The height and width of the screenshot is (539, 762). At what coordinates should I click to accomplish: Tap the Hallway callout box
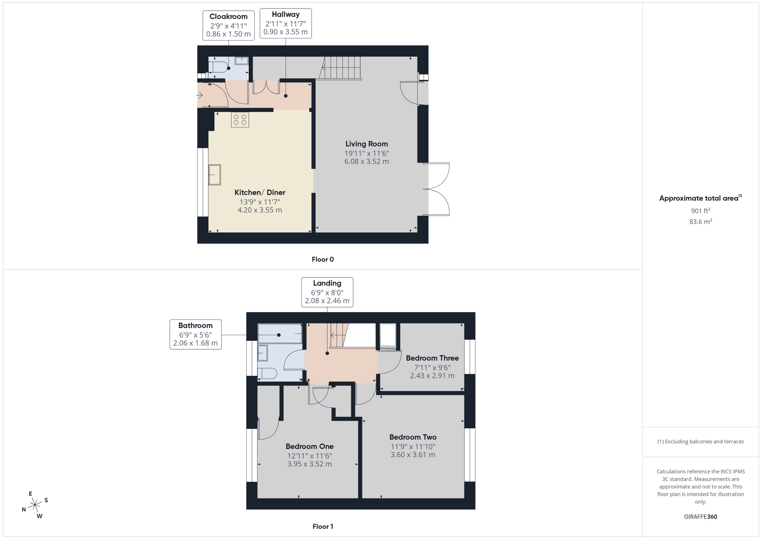tap(286, 24)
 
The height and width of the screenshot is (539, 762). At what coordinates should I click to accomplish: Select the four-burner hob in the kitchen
tap(240, 120)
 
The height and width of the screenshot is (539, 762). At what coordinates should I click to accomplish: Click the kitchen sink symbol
tap(214, 175)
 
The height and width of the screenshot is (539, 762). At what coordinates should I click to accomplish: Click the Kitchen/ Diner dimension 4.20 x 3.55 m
tap(260, 210)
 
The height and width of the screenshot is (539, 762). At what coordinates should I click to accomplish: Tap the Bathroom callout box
tap(196, 334)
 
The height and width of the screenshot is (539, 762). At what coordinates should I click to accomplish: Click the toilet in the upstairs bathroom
tap(268, 374)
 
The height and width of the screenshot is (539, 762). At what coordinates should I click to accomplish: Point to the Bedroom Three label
tap(432, 358)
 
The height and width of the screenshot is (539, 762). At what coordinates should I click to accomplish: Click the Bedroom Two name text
tap(413, 437)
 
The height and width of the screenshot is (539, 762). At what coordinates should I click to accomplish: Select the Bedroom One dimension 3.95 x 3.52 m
tap(309, 464)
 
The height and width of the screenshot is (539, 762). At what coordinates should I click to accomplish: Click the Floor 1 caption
tap(323, 526)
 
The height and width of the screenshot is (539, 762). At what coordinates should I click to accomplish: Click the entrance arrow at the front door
tap(200, 96)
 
